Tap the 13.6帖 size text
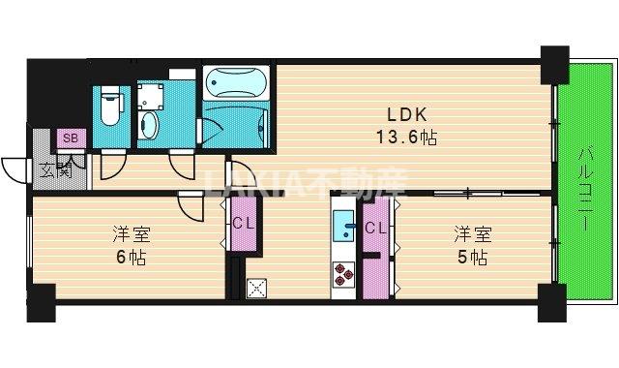406,137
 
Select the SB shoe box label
71,138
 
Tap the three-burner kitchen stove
344,275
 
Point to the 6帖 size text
124,258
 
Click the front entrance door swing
15,170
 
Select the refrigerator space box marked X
256,288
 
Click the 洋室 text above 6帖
125,234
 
